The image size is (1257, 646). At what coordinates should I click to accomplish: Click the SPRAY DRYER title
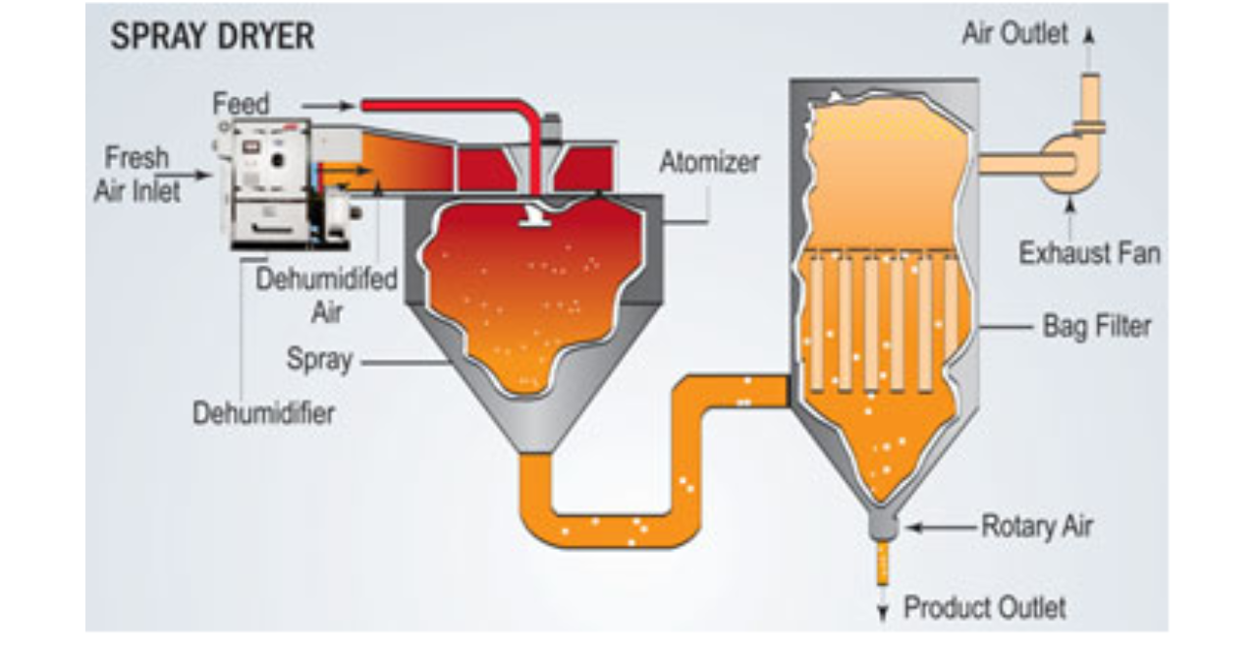(x=211, y=37)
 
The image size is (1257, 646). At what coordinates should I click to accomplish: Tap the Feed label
(x=241, y=103)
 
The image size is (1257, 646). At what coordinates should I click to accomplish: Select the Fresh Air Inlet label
(x=137, y=174)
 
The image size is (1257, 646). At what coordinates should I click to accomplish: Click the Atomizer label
(x=709, y=161)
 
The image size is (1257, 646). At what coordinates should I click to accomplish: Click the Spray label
(x=319, y=359)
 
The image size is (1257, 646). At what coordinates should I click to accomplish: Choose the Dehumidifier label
(x=263, y=413)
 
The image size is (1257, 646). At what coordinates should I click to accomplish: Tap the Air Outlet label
(x=1014, y=33)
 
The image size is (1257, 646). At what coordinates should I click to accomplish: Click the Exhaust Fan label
(x=1089, y=253)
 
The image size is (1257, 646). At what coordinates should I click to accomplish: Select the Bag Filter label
(x=1095, y=325)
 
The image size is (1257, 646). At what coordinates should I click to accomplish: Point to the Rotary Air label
(x=1036, y=527)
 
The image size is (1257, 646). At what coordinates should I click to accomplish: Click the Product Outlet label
(x=984, y=608)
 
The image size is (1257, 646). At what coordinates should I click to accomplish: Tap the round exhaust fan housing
(x=1066, y=163)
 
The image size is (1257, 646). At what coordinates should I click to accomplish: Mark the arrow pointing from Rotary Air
(x=939, y=527)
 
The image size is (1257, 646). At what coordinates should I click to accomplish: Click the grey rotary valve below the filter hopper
(x=885, y=526)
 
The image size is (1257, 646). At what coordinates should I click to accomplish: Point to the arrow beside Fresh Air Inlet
(x=195, y=175)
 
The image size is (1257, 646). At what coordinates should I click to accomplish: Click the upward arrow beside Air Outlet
(x=1088, y=35)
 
